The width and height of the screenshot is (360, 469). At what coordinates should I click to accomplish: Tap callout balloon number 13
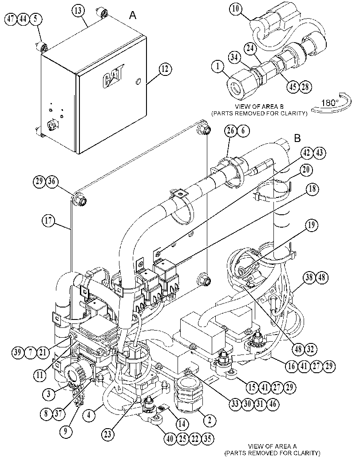click(x=78, y=11)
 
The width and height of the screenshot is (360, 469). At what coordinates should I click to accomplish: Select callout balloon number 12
click(x=165, y=69)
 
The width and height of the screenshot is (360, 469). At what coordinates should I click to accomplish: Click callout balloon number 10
click(x=236, y=9)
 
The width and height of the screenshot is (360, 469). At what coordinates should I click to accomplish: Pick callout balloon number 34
click(x=235, y=57)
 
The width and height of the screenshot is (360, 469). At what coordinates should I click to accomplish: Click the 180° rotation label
click(x=330, y=103)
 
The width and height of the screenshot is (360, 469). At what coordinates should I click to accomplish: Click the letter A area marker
click(x=133, y=15)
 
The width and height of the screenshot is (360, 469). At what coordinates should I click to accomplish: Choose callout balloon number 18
click(x=312, y=189)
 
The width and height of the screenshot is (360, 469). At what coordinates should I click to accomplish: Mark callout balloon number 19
click(x=312, y=225)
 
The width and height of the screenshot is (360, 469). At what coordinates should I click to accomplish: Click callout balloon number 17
click(x=48, y=221)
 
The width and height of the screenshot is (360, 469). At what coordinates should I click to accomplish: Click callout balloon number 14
click(x=182, y=424)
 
